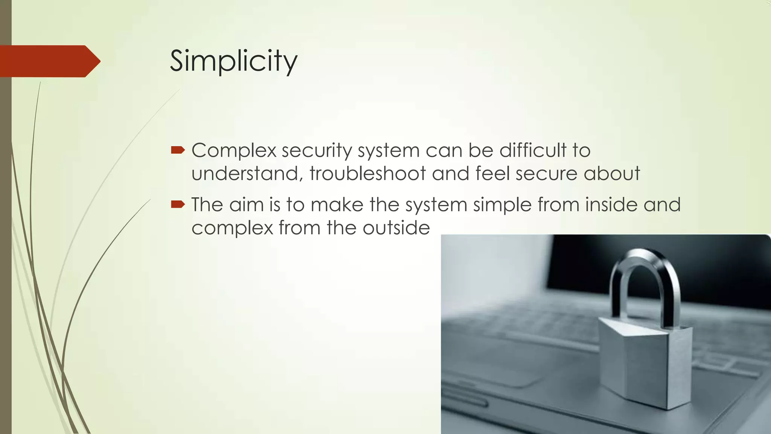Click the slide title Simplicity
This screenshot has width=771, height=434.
tap(233, 61)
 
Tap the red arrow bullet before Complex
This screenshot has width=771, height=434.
tap(177, 151)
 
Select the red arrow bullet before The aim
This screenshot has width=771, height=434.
tap(177, 205)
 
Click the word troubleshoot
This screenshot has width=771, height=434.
tap(367, 174)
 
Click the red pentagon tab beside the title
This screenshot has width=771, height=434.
tap(49, 61)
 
